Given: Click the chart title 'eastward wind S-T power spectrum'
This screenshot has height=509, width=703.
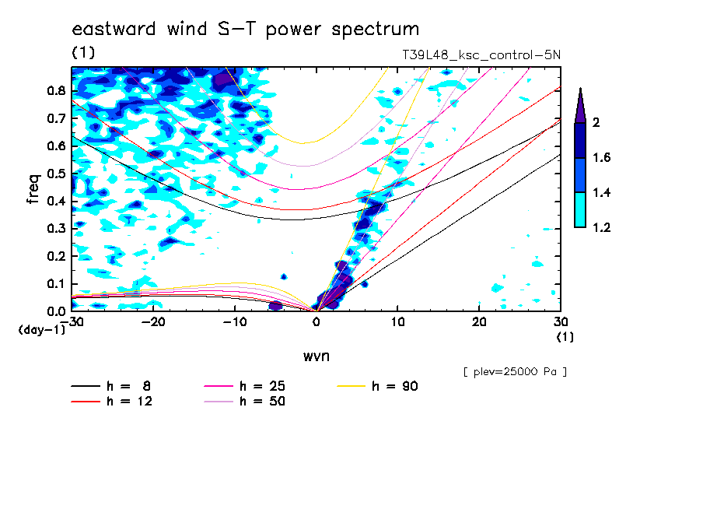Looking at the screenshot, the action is point(246,30).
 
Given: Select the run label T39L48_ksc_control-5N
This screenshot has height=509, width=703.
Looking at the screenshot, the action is point(481,55).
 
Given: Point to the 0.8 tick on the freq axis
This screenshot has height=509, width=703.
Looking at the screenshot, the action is point(57,90).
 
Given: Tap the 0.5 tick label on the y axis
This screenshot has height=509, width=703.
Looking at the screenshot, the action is point(57,174).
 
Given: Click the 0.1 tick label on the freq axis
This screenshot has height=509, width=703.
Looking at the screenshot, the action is point(57,284).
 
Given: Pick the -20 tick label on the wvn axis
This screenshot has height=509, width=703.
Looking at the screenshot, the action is point(153,322).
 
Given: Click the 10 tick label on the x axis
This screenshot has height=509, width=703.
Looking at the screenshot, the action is point(397,322).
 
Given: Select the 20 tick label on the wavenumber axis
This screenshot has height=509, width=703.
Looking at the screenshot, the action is point(479,322).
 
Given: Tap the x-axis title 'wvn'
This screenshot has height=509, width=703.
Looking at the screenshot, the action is point(317,356).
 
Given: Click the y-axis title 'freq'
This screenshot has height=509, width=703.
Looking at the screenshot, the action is point(33,188).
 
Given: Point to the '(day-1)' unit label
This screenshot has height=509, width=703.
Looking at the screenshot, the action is point(42,330).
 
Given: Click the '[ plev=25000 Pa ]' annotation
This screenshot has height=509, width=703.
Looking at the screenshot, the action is point(515,372).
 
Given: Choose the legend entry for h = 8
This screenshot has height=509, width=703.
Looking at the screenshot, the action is point(111,386).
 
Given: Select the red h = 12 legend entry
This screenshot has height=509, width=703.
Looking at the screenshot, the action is point(112,402).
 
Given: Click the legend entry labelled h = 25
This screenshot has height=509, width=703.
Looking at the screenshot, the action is point(245,386).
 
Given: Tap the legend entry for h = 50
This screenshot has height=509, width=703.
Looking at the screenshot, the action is point(245,402).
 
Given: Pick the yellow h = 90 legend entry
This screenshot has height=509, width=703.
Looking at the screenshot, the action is point(377,386).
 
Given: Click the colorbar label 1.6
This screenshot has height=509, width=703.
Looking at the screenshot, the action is point(601,157).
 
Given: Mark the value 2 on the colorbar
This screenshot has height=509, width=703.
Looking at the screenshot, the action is point(596,122).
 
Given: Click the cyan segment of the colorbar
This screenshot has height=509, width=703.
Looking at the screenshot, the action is point(580,210).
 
